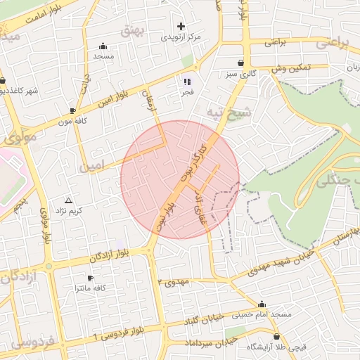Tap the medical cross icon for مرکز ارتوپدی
pyautogui.click(x=181, y=25)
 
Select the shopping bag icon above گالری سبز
pyautogui.click(x=241, y=62)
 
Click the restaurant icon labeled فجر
pyautogui.click(x=187, y=81)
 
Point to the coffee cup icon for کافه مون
pyautogui.click(x=73, y=110)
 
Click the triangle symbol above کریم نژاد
pyautogui.click(x=68, y=200)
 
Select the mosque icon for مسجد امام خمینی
pyautogui.click(x=262, y=304)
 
